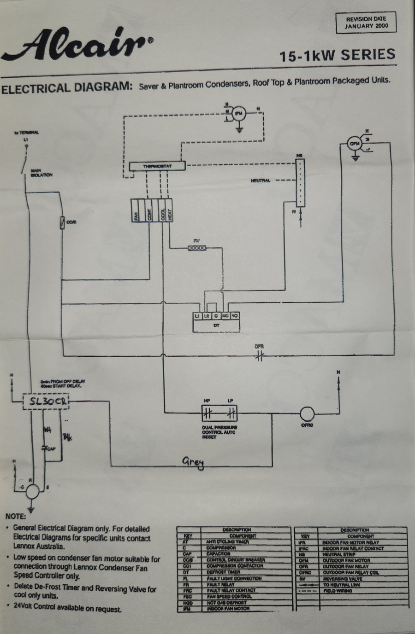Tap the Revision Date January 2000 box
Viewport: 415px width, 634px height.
tap(366, 23)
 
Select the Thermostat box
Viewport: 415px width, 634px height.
tap(157, 166)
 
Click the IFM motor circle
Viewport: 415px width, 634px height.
tap(239, 113)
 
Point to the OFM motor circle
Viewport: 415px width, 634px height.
tap(354, 144)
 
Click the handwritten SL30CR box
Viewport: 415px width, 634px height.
tap(46, 401)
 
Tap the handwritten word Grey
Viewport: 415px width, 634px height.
tap(193, 462)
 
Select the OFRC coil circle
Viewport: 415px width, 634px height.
tap(307, 413)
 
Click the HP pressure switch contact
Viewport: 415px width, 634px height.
tap(207, 413)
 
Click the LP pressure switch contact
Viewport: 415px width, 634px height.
tap(232, 413)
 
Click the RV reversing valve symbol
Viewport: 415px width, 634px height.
tap(197, 248)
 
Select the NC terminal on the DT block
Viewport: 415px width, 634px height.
tap(225, 316)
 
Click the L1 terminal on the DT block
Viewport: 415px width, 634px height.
tap(197, 316)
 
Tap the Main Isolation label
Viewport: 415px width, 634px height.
tap(41, 173)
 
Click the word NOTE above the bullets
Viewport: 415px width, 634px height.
tap(16, 516)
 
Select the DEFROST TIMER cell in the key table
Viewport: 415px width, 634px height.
tap(223, 572)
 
